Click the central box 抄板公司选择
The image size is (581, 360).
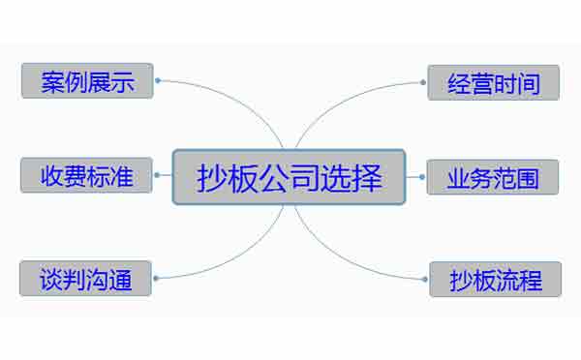289,177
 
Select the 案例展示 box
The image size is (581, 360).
87,81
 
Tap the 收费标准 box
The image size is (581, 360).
86,177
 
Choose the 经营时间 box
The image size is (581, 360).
493,82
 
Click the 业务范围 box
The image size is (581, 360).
493,177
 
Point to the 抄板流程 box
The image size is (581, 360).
495,280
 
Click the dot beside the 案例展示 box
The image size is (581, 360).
158,81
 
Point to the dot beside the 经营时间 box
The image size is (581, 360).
423,82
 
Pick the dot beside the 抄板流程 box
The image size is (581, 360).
425,279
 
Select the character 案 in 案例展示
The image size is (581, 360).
53,81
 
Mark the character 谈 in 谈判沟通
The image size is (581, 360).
51,280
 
